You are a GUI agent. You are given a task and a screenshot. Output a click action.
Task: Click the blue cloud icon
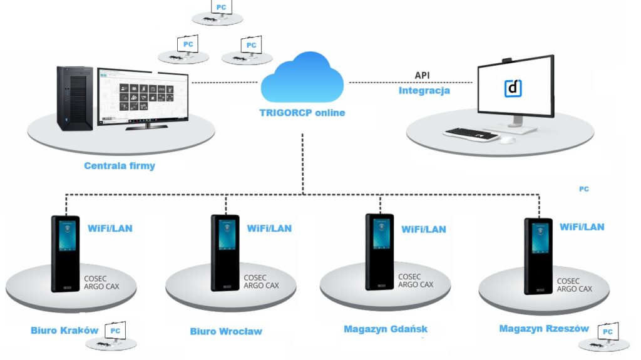(x=302, y=79)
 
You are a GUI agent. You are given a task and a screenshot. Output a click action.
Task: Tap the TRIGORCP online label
(x=302, y=113)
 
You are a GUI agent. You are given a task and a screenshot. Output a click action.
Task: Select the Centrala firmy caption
(x=120, y=166)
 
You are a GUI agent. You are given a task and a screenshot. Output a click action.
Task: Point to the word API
(x=423, y=76)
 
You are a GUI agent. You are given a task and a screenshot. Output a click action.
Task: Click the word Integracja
(x=424, y=91)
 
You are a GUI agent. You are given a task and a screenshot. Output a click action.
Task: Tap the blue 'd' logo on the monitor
(x=513, y=88)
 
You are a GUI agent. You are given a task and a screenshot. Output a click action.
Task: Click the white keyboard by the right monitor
(x=471, y=133)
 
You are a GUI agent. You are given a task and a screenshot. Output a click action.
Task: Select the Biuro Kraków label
(x=64, y=330)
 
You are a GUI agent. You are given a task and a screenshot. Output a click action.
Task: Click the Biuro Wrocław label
(x=226, y=331)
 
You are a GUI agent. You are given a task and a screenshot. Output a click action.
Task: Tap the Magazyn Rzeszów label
(x=544, y=329)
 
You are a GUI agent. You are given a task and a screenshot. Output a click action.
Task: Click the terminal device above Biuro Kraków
(x=65, y=253)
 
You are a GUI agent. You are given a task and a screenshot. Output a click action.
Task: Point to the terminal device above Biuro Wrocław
(x=225, y=253)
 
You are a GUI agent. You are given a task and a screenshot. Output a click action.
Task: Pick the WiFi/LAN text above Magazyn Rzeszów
(x=582, y=227)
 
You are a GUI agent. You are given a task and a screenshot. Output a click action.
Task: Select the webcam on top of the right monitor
(x=508, y=61)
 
